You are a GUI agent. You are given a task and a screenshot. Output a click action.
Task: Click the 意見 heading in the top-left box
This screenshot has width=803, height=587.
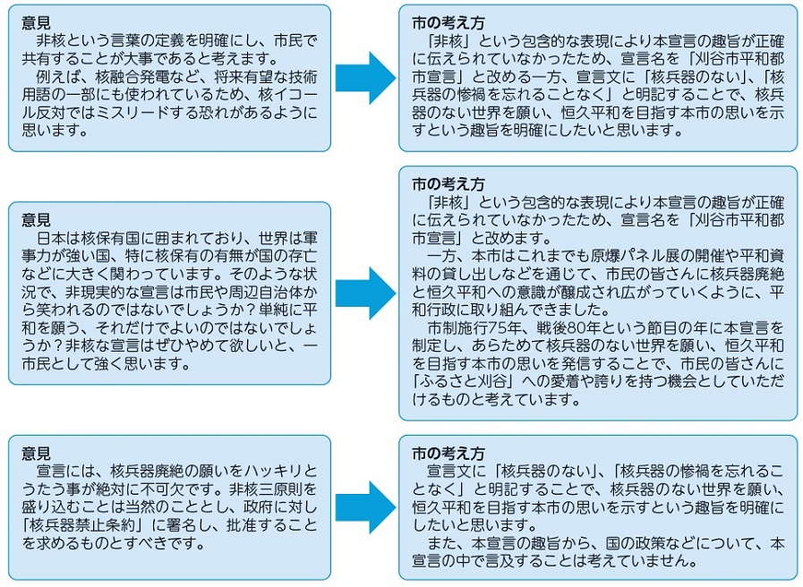[36, 22]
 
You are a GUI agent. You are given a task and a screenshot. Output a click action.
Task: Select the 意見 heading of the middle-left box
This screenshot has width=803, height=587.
[36, 219]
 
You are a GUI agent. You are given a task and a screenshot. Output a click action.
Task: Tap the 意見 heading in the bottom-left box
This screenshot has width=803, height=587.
[36, 453]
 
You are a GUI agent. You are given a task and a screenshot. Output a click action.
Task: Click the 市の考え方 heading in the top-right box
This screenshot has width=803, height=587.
[448, 22]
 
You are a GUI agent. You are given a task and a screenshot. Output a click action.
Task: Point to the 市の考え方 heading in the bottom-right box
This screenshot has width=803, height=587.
[448, 453]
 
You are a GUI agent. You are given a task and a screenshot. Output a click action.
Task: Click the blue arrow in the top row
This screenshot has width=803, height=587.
[365, 79]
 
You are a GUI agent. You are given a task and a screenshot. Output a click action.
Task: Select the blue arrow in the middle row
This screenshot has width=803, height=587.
[365, 293]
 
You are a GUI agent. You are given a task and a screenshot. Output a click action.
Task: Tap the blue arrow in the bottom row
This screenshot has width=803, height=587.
[365, 507]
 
